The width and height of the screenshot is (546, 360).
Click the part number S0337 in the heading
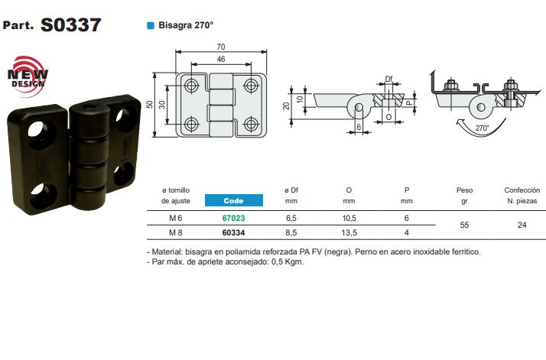pyautogui.click(x=70, y=24)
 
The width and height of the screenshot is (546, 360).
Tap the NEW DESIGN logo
pyautogui.click(x=28, y=75)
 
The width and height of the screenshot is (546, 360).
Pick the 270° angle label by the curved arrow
pyautogui.click(x=481, y=128)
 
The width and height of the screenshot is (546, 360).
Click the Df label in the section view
pyautogui.click(x=388, y=79)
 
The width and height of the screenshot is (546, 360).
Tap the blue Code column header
pyautogui.click(x=233, y=200)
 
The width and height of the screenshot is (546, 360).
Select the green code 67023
pyautogui.click(x=233, y=218)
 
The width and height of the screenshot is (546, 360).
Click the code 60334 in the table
pyautogui.click(x=233, y=232)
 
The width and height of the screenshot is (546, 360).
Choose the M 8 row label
pyautogui.click(x=176, y=232)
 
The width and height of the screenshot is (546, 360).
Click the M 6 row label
pyautogui.click(x=176, y=218)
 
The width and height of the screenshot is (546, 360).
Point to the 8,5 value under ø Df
pyautogui.click(x=291, y=232)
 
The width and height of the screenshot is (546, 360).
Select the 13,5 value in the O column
pyautogui.click(x=349, y=232)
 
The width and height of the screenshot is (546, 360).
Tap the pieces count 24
pyautogui.click(x=522, y=225)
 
